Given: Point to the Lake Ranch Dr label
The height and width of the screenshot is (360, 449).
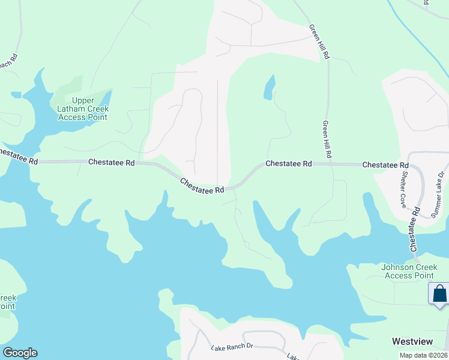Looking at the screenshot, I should (233, 347).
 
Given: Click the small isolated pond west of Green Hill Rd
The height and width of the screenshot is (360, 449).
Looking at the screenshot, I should (269, 87).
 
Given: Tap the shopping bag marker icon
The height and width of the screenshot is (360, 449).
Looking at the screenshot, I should (439, 294).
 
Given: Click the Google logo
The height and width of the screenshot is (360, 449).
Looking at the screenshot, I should (20, 353).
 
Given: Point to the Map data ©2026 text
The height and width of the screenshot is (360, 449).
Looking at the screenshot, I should (423, 355).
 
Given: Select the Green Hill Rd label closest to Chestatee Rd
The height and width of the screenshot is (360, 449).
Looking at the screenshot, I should (327, 139).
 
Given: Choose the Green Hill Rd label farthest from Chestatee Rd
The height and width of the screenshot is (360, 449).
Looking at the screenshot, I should (319, 41).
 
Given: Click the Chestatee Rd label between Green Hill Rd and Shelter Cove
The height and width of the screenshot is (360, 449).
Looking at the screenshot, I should (385, 164).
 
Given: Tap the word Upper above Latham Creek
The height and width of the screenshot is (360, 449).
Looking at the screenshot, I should (83, 100).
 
